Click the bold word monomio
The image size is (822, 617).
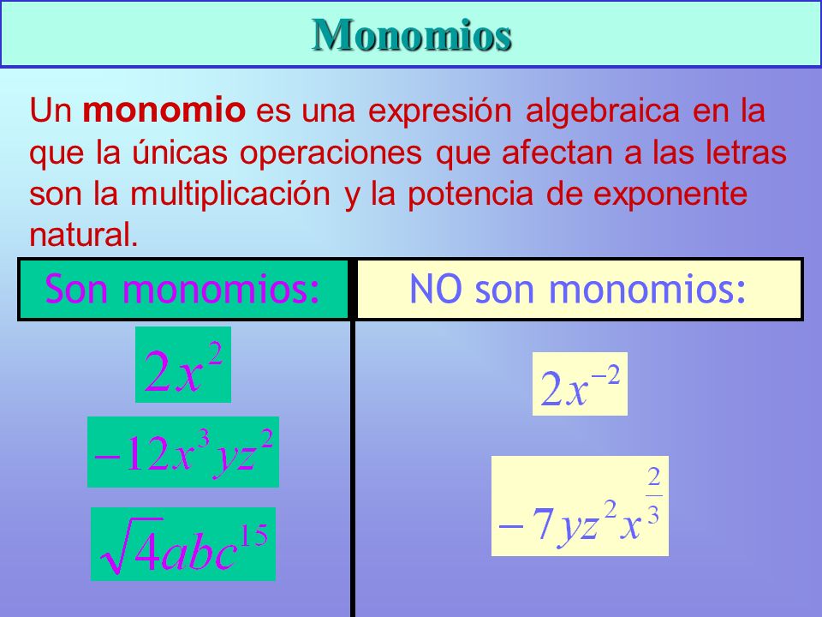tap(164, 111)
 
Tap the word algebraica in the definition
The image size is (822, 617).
tap(602, 111)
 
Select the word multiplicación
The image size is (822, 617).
tap(230, 195)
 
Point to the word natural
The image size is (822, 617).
tap(83, 235)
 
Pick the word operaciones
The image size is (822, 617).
tap(331, 153)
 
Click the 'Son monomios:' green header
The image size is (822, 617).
tap(183, 289)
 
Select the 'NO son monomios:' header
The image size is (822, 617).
tap(580, 289)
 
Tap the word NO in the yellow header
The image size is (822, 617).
tap(435, 289)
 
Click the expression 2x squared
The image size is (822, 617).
tap(183, 365)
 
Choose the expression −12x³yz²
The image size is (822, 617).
tap(183, 452)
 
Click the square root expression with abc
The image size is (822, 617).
tap(183, 543)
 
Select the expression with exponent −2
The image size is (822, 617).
tap(580, 384)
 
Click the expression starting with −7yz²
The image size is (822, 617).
tap(580, 506)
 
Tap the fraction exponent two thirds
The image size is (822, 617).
tap(653, 496)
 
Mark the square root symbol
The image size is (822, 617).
tap(131, 546)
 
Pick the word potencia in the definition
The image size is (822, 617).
tap(470, 195)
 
